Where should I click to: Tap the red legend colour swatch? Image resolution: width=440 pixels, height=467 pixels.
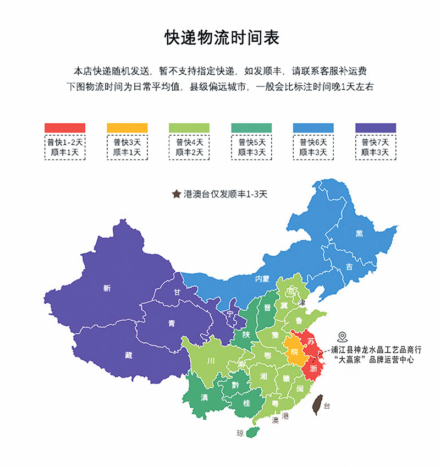tap(65, 128)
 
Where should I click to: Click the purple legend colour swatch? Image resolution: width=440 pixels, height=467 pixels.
tap(376, 128)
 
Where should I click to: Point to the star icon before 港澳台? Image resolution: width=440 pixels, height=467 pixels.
tap(177, 194)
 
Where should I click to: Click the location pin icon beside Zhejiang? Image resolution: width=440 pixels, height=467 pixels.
tap(342, 336)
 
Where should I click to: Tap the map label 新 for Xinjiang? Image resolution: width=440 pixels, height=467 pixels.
tap(107, 288)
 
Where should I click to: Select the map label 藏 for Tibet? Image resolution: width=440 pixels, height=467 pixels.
tap(128, 355)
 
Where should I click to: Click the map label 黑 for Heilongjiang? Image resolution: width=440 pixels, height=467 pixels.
tap(359, 234)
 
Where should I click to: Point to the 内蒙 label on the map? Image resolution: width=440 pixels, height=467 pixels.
tap(262, 279)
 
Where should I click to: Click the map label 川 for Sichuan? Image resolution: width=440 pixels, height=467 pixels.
tap(210, 361)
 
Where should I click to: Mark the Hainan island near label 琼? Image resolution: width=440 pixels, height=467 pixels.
tap(252, 432)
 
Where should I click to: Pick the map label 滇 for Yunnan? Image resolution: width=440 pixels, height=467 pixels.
tap(204, 397)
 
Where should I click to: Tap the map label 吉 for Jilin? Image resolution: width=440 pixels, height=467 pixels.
tap(349, 266)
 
